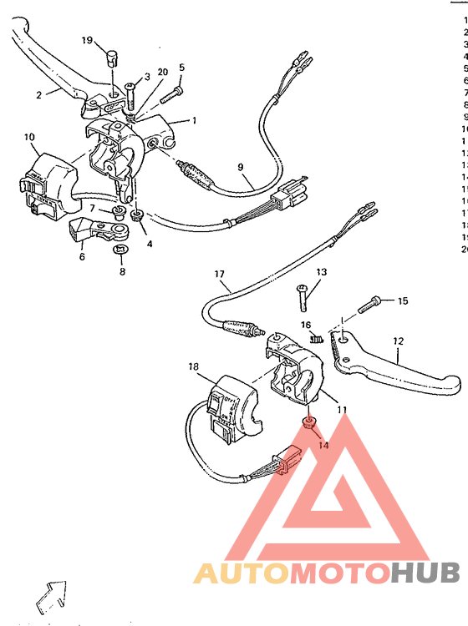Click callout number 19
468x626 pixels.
[88, 40]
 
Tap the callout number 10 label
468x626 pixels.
[29, 137]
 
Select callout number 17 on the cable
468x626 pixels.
[220, 275]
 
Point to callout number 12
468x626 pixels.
[398, 341]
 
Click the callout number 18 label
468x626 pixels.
[193, 367]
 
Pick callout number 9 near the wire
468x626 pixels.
[241, 168]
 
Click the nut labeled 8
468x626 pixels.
[120, 249]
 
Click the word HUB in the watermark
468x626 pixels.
[425, 573]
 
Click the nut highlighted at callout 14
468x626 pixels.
[308, 423]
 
